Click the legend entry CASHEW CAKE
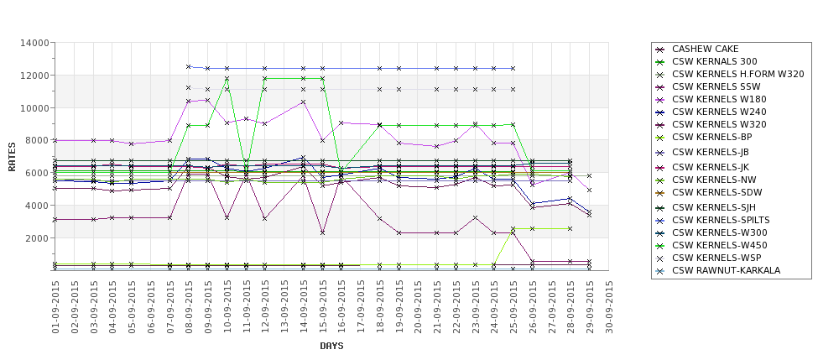pyautogui.click(x=706, y=49)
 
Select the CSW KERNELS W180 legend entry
pyautogui.click(x=719, y=99)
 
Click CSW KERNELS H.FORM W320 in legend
pyautogui.click(x=738, y=74)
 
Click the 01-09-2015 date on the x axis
pyautogui.click(x=55, y=307)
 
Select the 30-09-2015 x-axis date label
pyautogui.click(x=608, y=307)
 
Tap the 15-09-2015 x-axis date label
pyautogui.click(x=322, y=307)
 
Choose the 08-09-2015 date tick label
pyautogui.click(x=189, y=307)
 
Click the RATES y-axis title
pyautogui.click(x=12, y=156)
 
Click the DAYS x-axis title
pyautogui.click(x=331, y=346)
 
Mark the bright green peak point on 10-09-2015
pyautogui.click(x=227, y=79)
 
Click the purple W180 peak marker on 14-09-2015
pyautogui.click(x=303, y=102)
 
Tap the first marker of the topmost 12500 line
pyautogui.click(x=189, y=66)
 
